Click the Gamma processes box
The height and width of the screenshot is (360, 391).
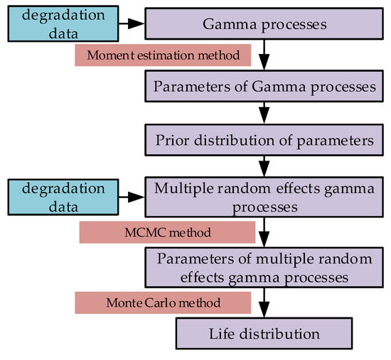[x=264, y=24]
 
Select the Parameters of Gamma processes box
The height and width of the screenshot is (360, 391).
[x=264, y=87]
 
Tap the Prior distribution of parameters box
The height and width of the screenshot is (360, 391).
[x=264, y=140]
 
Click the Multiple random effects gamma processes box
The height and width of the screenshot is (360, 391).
[x=264, y=195]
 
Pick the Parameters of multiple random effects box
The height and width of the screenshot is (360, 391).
[x=264, y=265]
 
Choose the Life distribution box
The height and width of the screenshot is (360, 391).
[x=264, y=332]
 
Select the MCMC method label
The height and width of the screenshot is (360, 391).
[x=167, y=232]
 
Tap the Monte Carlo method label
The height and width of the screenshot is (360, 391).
[x=163, y=302]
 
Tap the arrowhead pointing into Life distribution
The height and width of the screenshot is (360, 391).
[x=264, y=312]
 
